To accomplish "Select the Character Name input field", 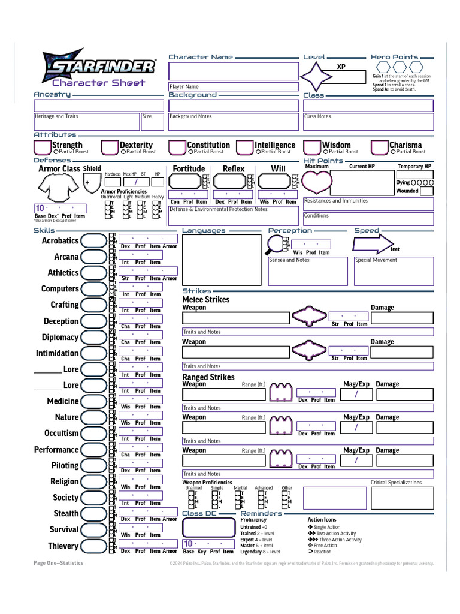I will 234,71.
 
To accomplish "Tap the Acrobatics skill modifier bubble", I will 93,241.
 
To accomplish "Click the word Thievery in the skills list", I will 63,546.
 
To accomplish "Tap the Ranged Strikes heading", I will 208,377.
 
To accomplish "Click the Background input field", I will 234,106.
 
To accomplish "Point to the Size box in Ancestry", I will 152,121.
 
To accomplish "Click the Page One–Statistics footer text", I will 58,563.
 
